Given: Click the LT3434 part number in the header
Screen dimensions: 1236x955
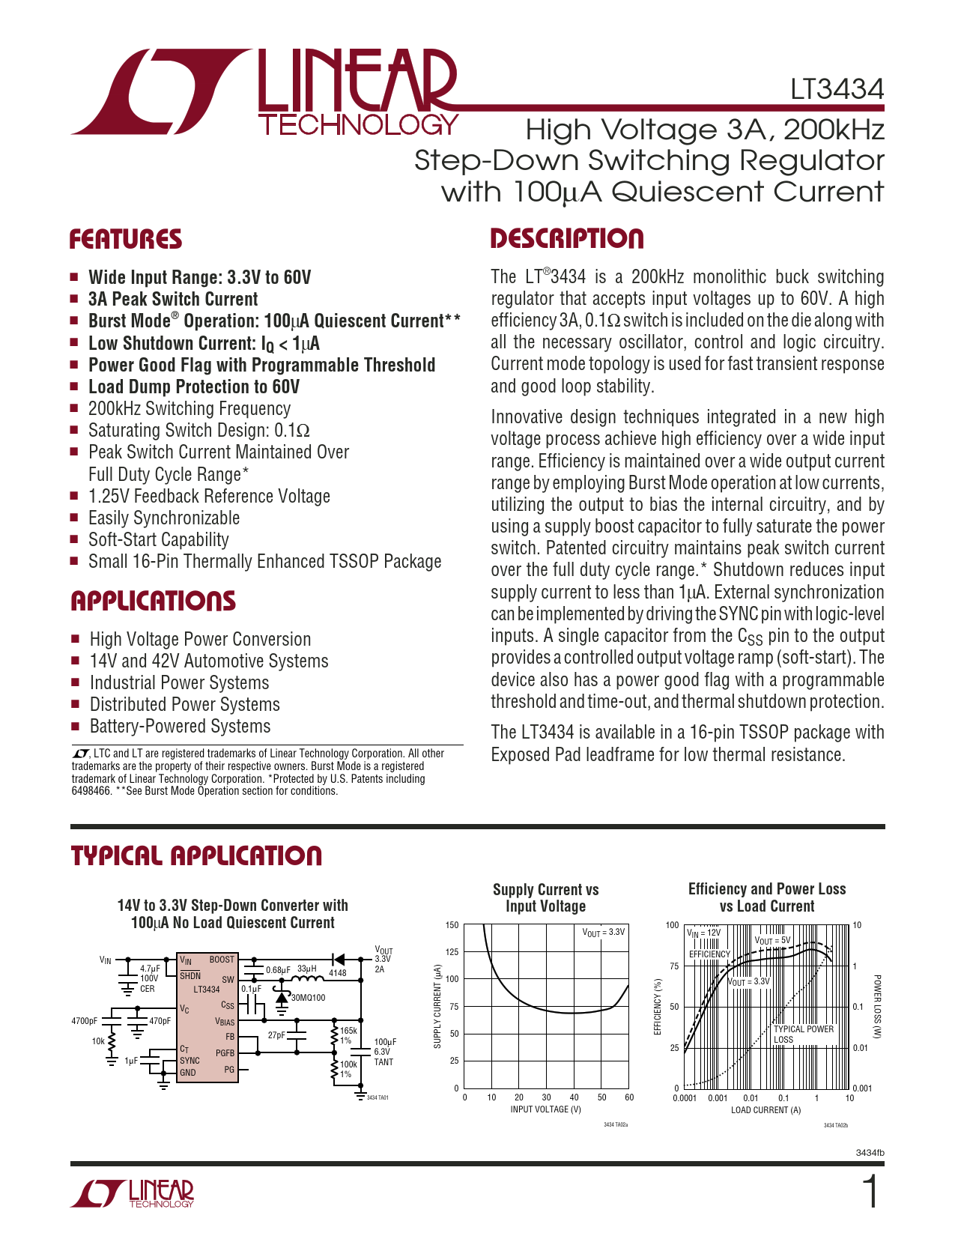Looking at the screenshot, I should pyautogui.click(x=837, y=90).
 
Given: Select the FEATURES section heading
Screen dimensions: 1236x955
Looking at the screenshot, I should pyautogui.click(x=126, y=240).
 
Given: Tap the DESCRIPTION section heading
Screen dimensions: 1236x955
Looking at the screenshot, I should pyautogui.click(x=567, y=239).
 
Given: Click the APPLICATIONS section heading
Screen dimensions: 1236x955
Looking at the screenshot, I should pyautogui.click(x=153, y=602).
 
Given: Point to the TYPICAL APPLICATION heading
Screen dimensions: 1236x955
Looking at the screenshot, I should pyautogui.click(x=196, y=856).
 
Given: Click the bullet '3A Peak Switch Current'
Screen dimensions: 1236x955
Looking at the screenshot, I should pyautogui.click(x=173, y=300).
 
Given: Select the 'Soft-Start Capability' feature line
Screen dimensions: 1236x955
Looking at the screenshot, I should pyautogui.click(x=159, y=540).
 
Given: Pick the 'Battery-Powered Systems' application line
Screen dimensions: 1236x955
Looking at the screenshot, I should pyautogui.click(x=180, y=727).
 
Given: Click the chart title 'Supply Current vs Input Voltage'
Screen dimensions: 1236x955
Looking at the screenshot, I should pyautogui.click(x=545, y=897).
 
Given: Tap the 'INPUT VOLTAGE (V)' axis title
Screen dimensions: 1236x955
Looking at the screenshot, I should pyautogui.click(x=545, y=1109).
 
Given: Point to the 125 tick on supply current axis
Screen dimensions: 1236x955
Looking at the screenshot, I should pyautogui.click(x=452, y=952).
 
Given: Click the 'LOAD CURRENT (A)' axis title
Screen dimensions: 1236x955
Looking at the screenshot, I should pyautogui.click(x=766, y=1110).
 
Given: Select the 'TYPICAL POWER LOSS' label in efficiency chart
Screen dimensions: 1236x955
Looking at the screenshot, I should pyautogui.click(x=803, y=1034).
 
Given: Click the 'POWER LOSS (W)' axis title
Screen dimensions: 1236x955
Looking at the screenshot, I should pyautogui.click(x=877, y=1006).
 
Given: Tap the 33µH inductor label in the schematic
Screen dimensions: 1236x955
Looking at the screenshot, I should pyautogui.click(x=307, y=969).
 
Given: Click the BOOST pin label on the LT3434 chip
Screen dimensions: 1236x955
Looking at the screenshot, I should pyautogui.click(x=222, y=960).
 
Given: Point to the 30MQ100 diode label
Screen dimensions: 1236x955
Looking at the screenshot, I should pyautogui.click(x=308, y=998).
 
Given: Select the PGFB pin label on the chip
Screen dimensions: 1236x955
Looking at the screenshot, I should pyautogui.click(x=225, y=1053).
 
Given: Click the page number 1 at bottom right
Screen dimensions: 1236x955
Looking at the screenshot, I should pyautogui.click(x=870, y=1193).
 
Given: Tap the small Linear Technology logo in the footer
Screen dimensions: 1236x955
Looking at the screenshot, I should pyautogui.click(x=133, y=1194).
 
